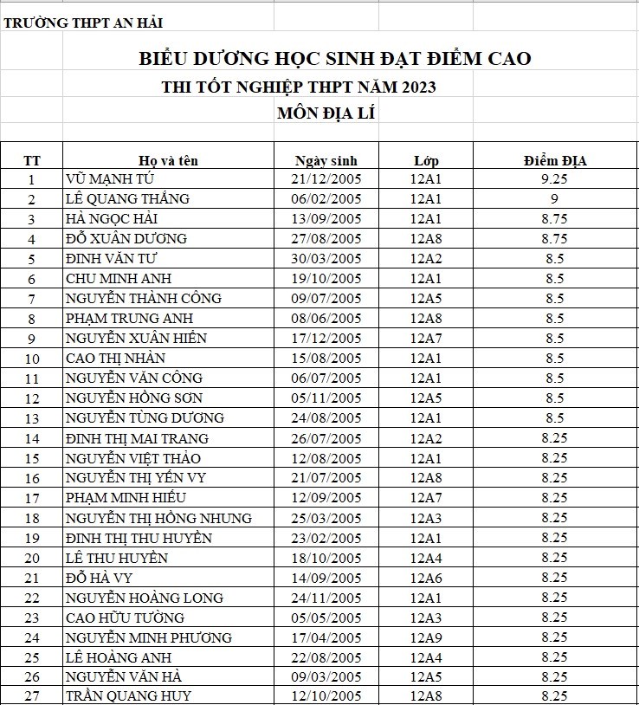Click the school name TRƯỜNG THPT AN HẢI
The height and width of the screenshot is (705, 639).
(x=83, y=23)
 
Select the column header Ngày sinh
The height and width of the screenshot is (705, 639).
(x=326, y=160)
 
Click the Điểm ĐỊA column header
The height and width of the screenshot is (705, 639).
(x=555, y=160)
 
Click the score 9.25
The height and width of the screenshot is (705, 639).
(x=554, y=179)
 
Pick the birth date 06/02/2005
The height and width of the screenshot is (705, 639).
(x=326, y=199)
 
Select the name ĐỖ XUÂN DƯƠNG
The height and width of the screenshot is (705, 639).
(x=126, y=238)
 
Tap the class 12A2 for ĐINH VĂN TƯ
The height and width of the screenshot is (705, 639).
(x=426, y=258)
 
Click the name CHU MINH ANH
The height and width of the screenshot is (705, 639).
(x=119, y=278)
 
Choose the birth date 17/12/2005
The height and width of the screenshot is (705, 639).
(x=326, y=338)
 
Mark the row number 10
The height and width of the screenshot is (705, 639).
(x=33, y=359)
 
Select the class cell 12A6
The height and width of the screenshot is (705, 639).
(x=426, y=578)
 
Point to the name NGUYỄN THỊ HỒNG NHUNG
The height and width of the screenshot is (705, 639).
(x=158, y=518)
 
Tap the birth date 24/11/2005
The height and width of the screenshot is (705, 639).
(x=326, y=598)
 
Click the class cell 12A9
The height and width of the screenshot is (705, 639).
(x=426, y=637)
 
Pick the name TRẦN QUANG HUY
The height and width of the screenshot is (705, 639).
(x=128, y=695)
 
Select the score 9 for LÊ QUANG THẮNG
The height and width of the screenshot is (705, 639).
(x=554, y=199)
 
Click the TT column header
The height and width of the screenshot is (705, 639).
(x=32, y=160)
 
